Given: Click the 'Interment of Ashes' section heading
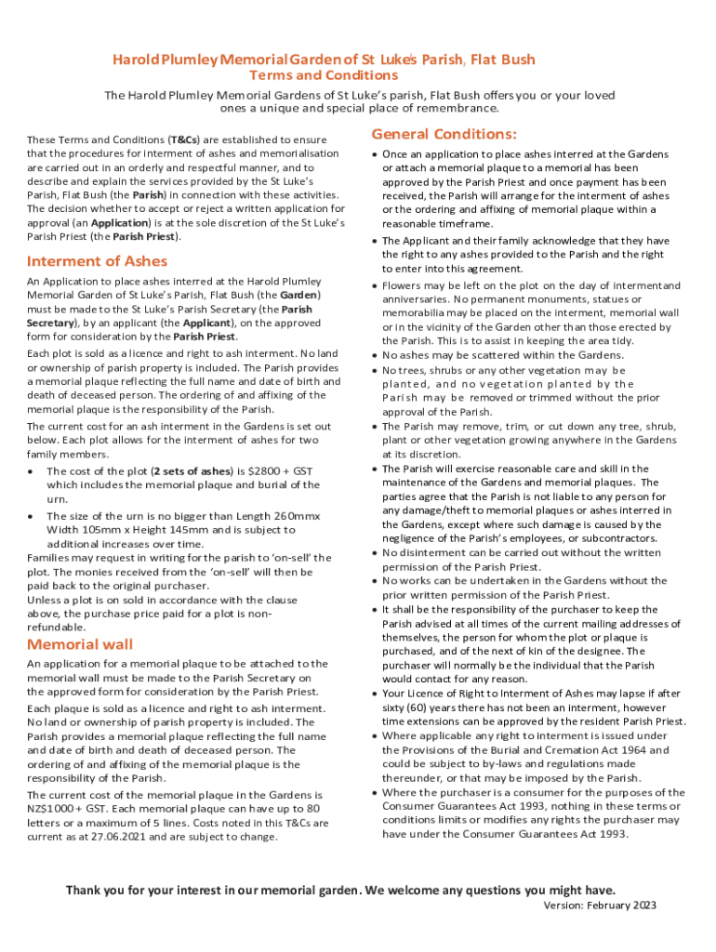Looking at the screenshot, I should click(x=98, y=261).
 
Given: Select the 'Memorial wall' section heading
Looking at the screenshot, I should click(x=80, y=644).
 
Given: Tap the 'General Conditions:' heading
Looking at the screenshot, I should click(x=444, y=134).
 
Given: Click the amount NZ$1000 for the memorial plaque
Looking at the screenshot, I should click(x=51, y=809).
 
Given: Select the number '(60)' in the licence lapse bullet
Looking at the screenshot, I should click(x=425, y=707).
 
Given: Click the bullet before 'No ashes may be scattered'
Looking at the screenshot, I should click(x=374, y=355).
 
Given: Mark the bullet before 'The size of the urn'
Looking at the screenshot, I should click(x=32, y=516).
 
